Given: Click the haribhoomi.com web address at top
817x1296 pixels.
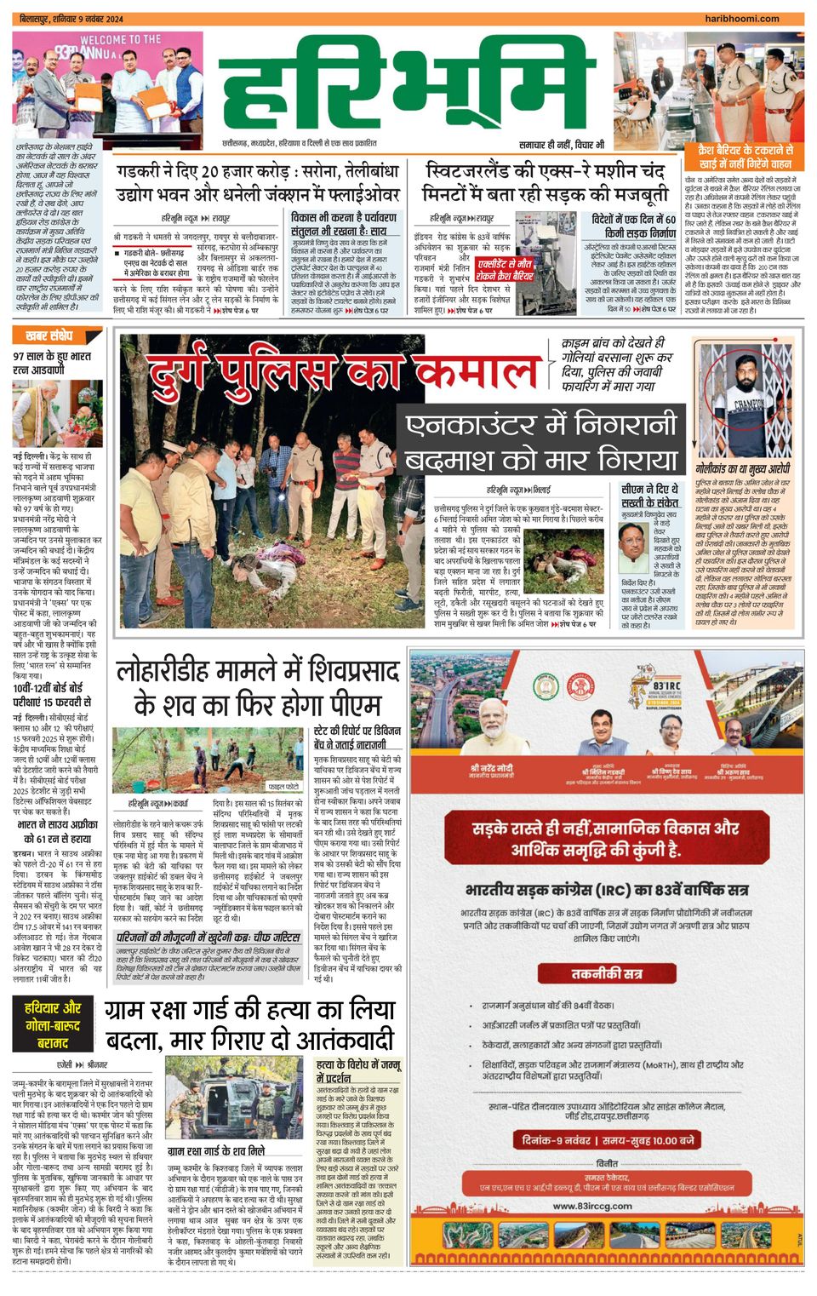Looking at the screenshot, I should pyautogui.click(x=754, y=18).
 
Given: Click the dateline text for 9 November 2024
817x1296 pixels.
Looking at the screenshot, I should pyautogui.click(x=60, y=18).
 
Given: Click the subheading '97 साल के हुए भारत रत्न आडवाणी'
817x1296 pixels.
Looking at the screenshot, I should pyautogui.click(x=52, y=363).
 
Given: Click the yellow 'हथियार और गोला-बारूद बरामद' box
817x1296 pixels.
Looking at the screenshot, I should pyautogui.click(x=53, y=1024).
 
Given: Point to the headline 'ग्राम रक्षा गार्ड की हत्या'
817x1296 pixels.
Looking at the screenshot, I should pyautogui.click(x=250, y=1024).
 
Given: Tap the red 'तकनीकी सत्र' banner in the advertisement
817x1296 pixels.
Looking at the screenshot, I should pyautogui.click(x=607, y=973).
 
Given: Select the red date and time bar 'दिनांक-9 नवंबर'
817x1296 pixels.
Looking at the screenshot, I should pyautogui.click(x=607, y=1139).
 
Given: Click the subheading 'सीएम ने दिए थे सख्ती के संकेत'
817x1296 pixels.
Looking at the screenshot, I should pyautogui.click(x=649, y=496).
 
